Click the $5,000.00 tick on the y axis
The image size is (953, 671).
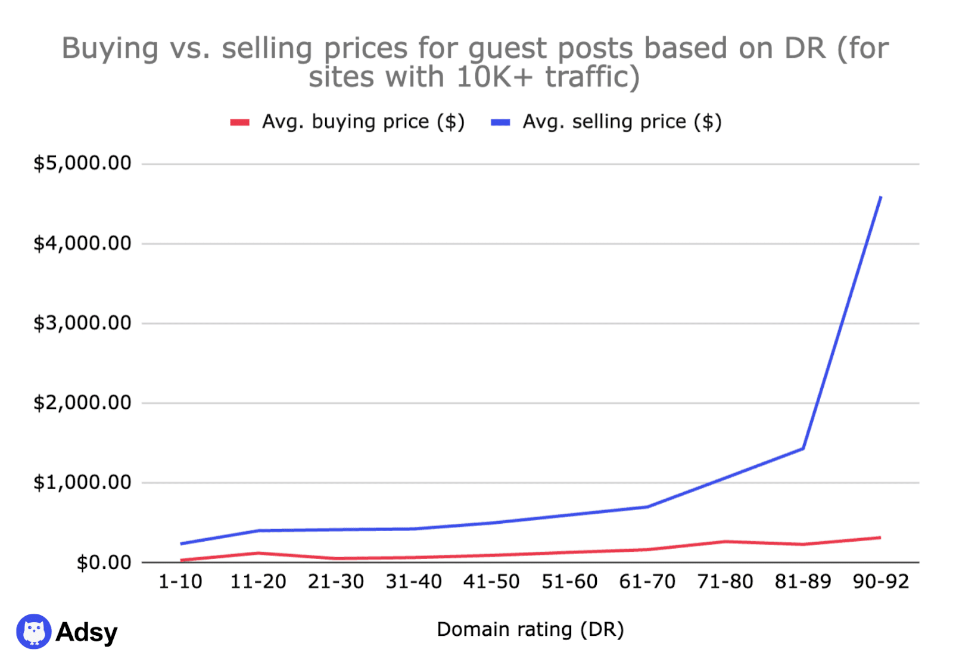[82, 163]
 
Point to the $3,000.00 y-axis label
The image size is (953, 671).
[82, 323]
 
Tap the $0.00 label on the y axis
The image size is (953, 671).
[104, 563]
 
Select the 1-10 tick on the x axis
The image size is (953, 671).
[180, 582]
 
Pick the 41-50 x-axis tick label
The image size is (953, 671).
[491, 582]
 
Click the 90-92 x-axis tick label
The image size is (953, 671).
[881, 582]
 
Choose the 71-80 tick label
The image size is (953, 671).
[725, 582]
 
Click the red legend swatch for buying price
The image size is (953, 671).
[239, 123]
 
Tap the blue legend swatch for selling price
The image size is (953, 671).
[500, 123]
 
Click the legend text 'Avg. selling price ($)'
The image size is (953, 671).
[622, 122]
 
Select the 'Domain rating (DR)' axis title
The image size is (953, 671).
[530, 629]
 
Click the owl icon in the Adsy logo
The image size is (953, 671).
[34, 631]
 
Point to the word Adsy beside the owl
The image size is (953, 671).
[86, 632]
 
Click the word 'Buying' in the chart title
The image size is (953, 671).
[110, 48]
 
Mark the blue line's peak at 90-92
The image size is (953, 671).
[880, 197]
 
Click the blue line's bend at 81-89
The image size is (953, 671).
[803, 448]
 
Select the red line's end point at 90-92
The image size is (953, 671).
[880, 538]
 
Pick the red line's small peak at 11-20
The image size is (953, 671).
[259, 553]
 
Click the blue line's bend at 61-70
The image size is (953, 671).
[647, 507]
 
